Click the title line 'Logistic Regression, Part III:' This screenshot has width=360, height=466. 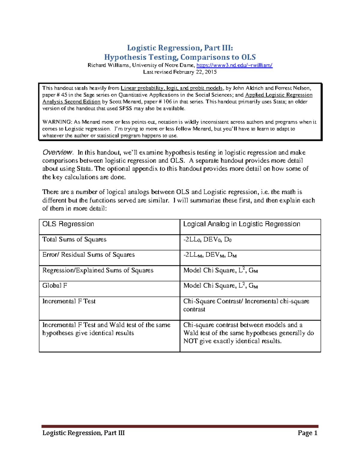click(x=180, y=48)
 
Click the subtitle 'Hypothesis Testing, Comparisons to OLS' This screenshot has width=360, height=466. click(x=180, y=57)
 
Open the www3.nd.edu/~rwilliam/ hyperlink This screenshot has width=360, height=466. click(x=234, y=65)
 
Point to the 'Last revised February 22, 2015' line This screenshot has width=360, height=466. click(x=180, y=72)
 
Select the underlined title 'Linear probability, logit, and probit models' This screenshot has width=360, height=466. click(x=172, y=88)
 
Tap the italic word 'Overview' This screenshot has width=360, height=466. click(x=57, y=152)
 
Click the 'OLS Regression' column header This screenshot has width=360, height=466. click(x=68, y=224)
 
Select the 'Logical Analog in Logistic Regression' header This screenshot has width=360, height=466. click(x=241, y=224)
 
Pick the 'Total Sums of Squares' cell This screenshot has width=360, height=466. click(x=74, y=239)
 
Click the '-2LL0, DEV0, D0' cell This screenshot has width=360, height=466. click(x=207, y=240)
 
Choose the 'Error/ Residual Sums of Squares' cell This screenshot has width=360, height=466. click(x=88, y=255)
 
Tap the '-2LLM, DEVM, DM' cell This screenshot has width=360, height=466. click(x=210, y=255)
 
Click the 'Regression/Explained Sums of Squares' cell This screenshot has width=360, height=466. click(x=98, y=270)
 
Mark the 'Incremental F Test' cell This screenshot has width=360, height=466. click(x=69, y=301)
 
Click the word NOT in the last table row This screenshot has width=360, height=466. click(x=190, y=341)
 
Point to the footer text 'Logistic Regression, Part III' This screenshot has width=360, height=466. click(x=83, y=433)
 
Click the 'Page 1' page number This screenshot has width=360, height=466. click(x=307, y=433)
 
